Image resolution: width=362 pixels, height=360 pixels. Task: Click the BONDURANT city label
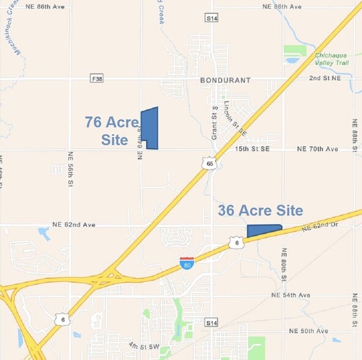[225, 80]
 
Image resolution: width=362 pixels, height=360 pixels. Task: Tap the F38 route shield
[96, 79]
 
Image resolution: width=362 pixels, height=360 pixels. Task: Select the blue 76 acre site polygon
[150, 128]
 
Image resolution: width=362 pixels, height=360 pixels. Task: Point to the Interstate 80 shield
[187, 263]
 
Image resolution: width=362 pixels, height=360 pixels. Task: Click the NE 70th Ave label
[317, 149]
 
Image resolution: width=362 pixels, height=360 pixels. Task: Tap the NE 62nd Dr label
[320, 226]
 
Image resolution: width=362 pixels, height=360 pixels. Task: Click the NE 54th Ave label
[291, 295]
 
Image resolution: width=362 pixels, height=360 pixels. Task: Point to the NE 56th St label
[71, 170]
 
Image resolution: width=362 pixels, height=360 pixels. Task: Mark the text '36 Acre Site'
[260, 211]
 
